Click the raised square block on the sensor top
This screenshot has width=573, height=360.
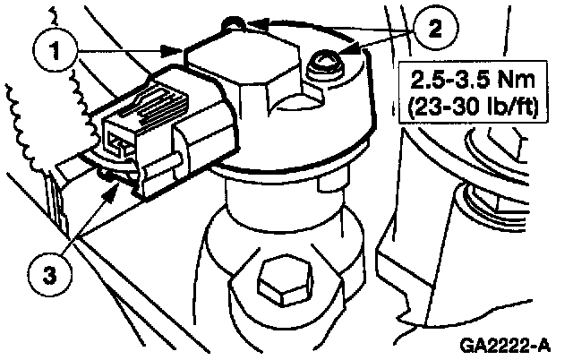pyautogui.click(x=237, y=68)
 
